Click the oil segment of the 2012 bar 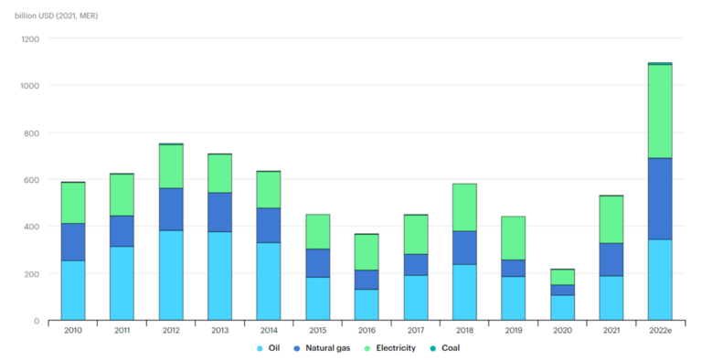[171, 274]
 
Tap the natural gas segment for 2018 [464, 248]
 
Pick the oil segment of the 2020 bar [562, 307]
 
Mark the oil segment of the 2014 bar [269, 281]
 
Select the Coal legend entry [450, 348]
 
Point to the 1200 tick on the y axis [31, 39]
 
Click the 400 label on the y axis [33, 227]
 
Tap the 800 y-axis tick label [33, 133]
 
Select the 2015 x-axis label [317, 331]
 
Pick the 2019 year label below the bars [513, 331]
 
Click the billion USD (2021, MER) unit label [56, 16]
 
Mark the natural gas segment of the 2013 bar [219, 212]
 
